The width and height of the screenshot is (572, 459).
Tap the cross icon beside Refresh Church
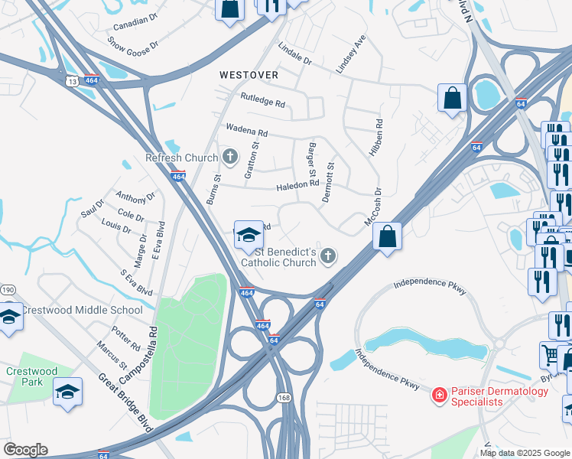229,158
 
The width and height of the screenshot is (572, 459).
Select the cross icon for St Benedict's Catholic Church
328,256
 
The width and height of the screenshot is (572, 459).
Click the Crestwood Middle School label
81,310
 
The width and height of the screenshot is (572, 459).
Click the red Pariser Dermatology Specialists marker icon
440,395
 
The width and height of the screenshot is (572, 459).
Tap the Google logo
25,450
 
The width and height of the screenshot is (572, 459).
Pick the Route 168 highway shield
284,397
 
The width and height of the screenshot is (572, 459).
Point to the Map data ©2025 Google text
524,453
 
